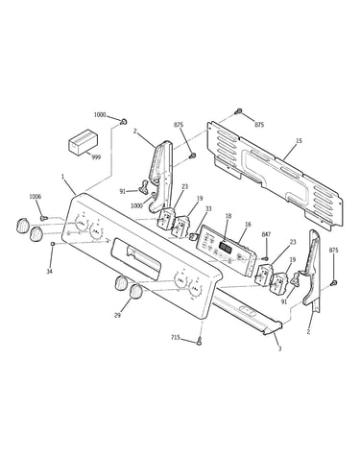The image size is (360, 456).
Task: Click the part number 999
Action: coord(96,157)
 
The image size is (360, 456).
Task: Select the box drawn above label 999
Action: coord(83,142)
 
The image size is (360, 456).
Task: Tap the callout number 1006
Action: coord(36,197)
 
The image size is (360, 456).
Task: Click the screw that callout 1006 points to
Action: coord(44,218)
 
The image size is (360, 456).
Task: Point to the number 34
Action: coord(49,272)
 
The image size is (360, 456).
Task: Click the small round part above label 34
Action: coord(52,245)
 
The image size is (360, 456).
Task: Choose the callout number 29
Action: coord(117,315)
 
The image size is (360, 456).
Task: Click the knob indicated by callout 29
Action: coord(136,291)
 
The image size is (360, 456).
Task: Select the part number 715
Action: coord(176,337)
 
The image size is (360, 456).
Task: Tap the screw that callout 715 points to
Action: coord(200,341)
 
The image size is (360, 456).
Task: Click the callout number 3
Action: coord(279,348)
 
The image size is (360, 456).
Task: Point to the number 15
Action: coord(299,141)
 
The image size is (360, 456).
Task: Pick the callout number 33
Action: coord(208,209)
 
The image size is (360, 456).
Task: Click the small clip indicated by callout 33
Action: coord(192,237)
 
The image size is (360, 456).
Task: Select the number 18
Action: coord(228,216)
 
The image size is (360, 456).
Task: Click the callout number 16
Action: coord(248,225)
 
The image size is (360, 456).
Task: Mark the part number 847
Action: coord(266,234)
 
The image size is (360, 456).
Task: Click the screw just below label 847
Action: coord(265,257)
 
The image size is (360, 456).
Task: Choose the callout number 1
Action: coord(62,176)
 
